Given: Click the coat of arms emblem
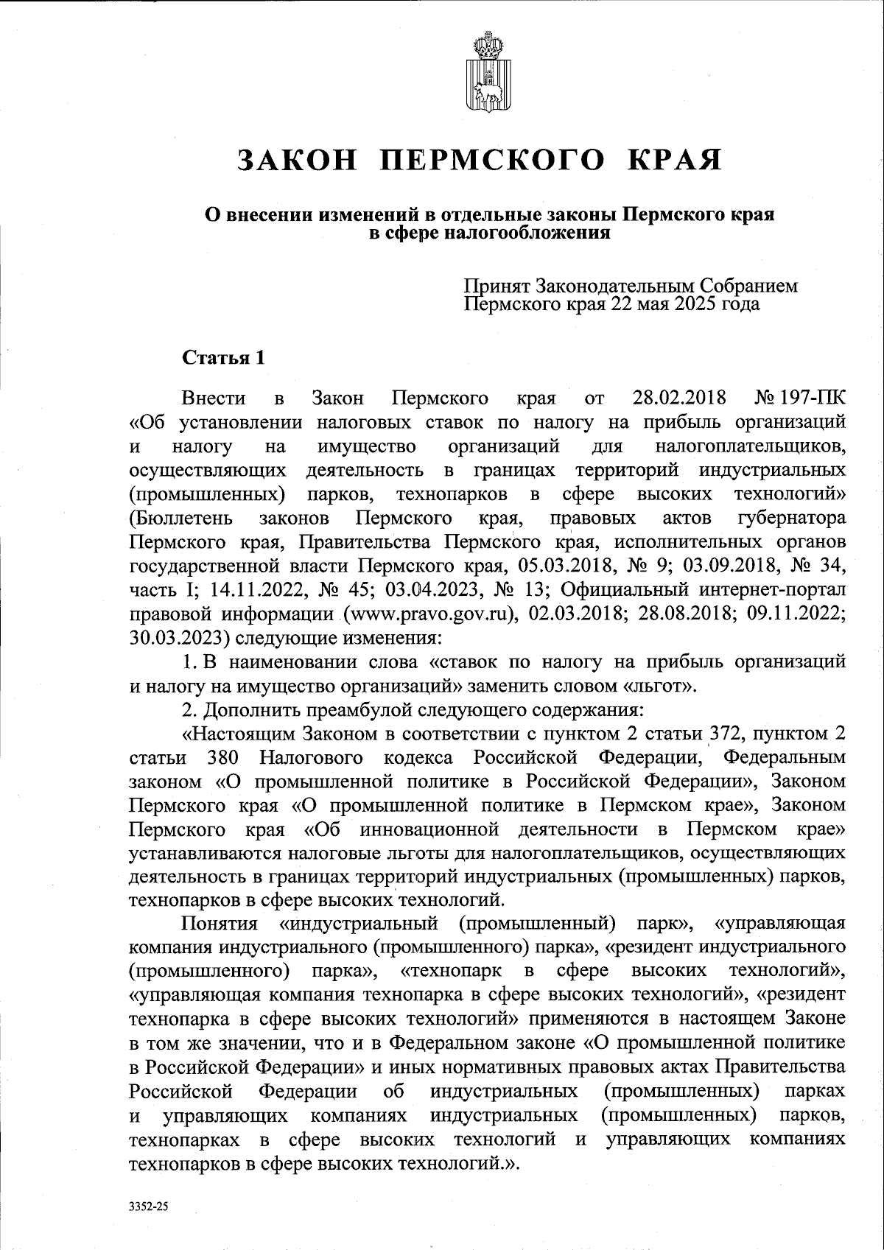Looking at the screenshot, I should (x=484, y=73).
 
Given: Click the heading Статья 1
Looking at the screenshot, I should (x=223, y=358).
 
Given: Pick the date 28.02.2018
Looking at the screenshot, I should (x=679, y=399).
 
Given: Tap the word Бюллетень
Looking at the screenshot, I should (x=181, y=519).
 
